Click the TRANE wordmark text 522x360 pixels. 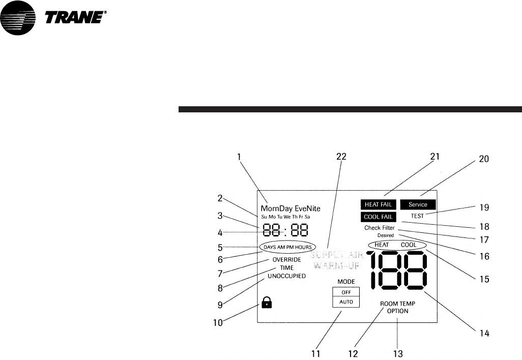pyautogui.click(x=76, y=18)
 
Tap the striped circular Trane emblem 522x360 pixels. pyautogui.click(x=19, y=19)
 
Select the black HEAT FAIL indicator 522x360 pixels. pyautogui.click(x=378, y=204)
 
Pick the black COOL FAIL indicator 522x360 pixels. pyautogui.click(x=378, y=217)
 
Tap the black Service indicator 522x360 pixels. pyautogui.click(x=421, y=204)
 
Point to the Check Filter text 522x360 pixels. pyautogui.click(x=379, y=228)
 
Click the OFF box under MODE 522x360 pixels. pyautogui.click(x=345, y=292)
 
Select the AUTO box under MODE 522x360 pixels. pyautogui.click(x=345, y=302)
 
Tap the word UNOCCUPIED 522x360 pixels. pyautogui.click(x=287, y=276)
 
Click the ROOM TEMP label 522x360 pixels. pyautogui.click(x=398, y=304)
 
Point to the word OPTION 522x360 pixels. pyautogui.click(x=398, y=311)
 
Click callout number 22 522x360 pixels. pyautogui.click(x=341, y=157)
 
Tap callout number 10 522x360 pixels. pyautogui.click(x=218, y=322)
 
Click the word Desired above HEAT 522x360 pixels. pyautogui.click(x=386, y=235)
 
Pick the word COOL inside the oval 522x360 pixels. pyautogui.click(x=409, y=245)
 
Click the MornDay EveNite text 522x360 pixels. pyautogui.click(x=291, y=208)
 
